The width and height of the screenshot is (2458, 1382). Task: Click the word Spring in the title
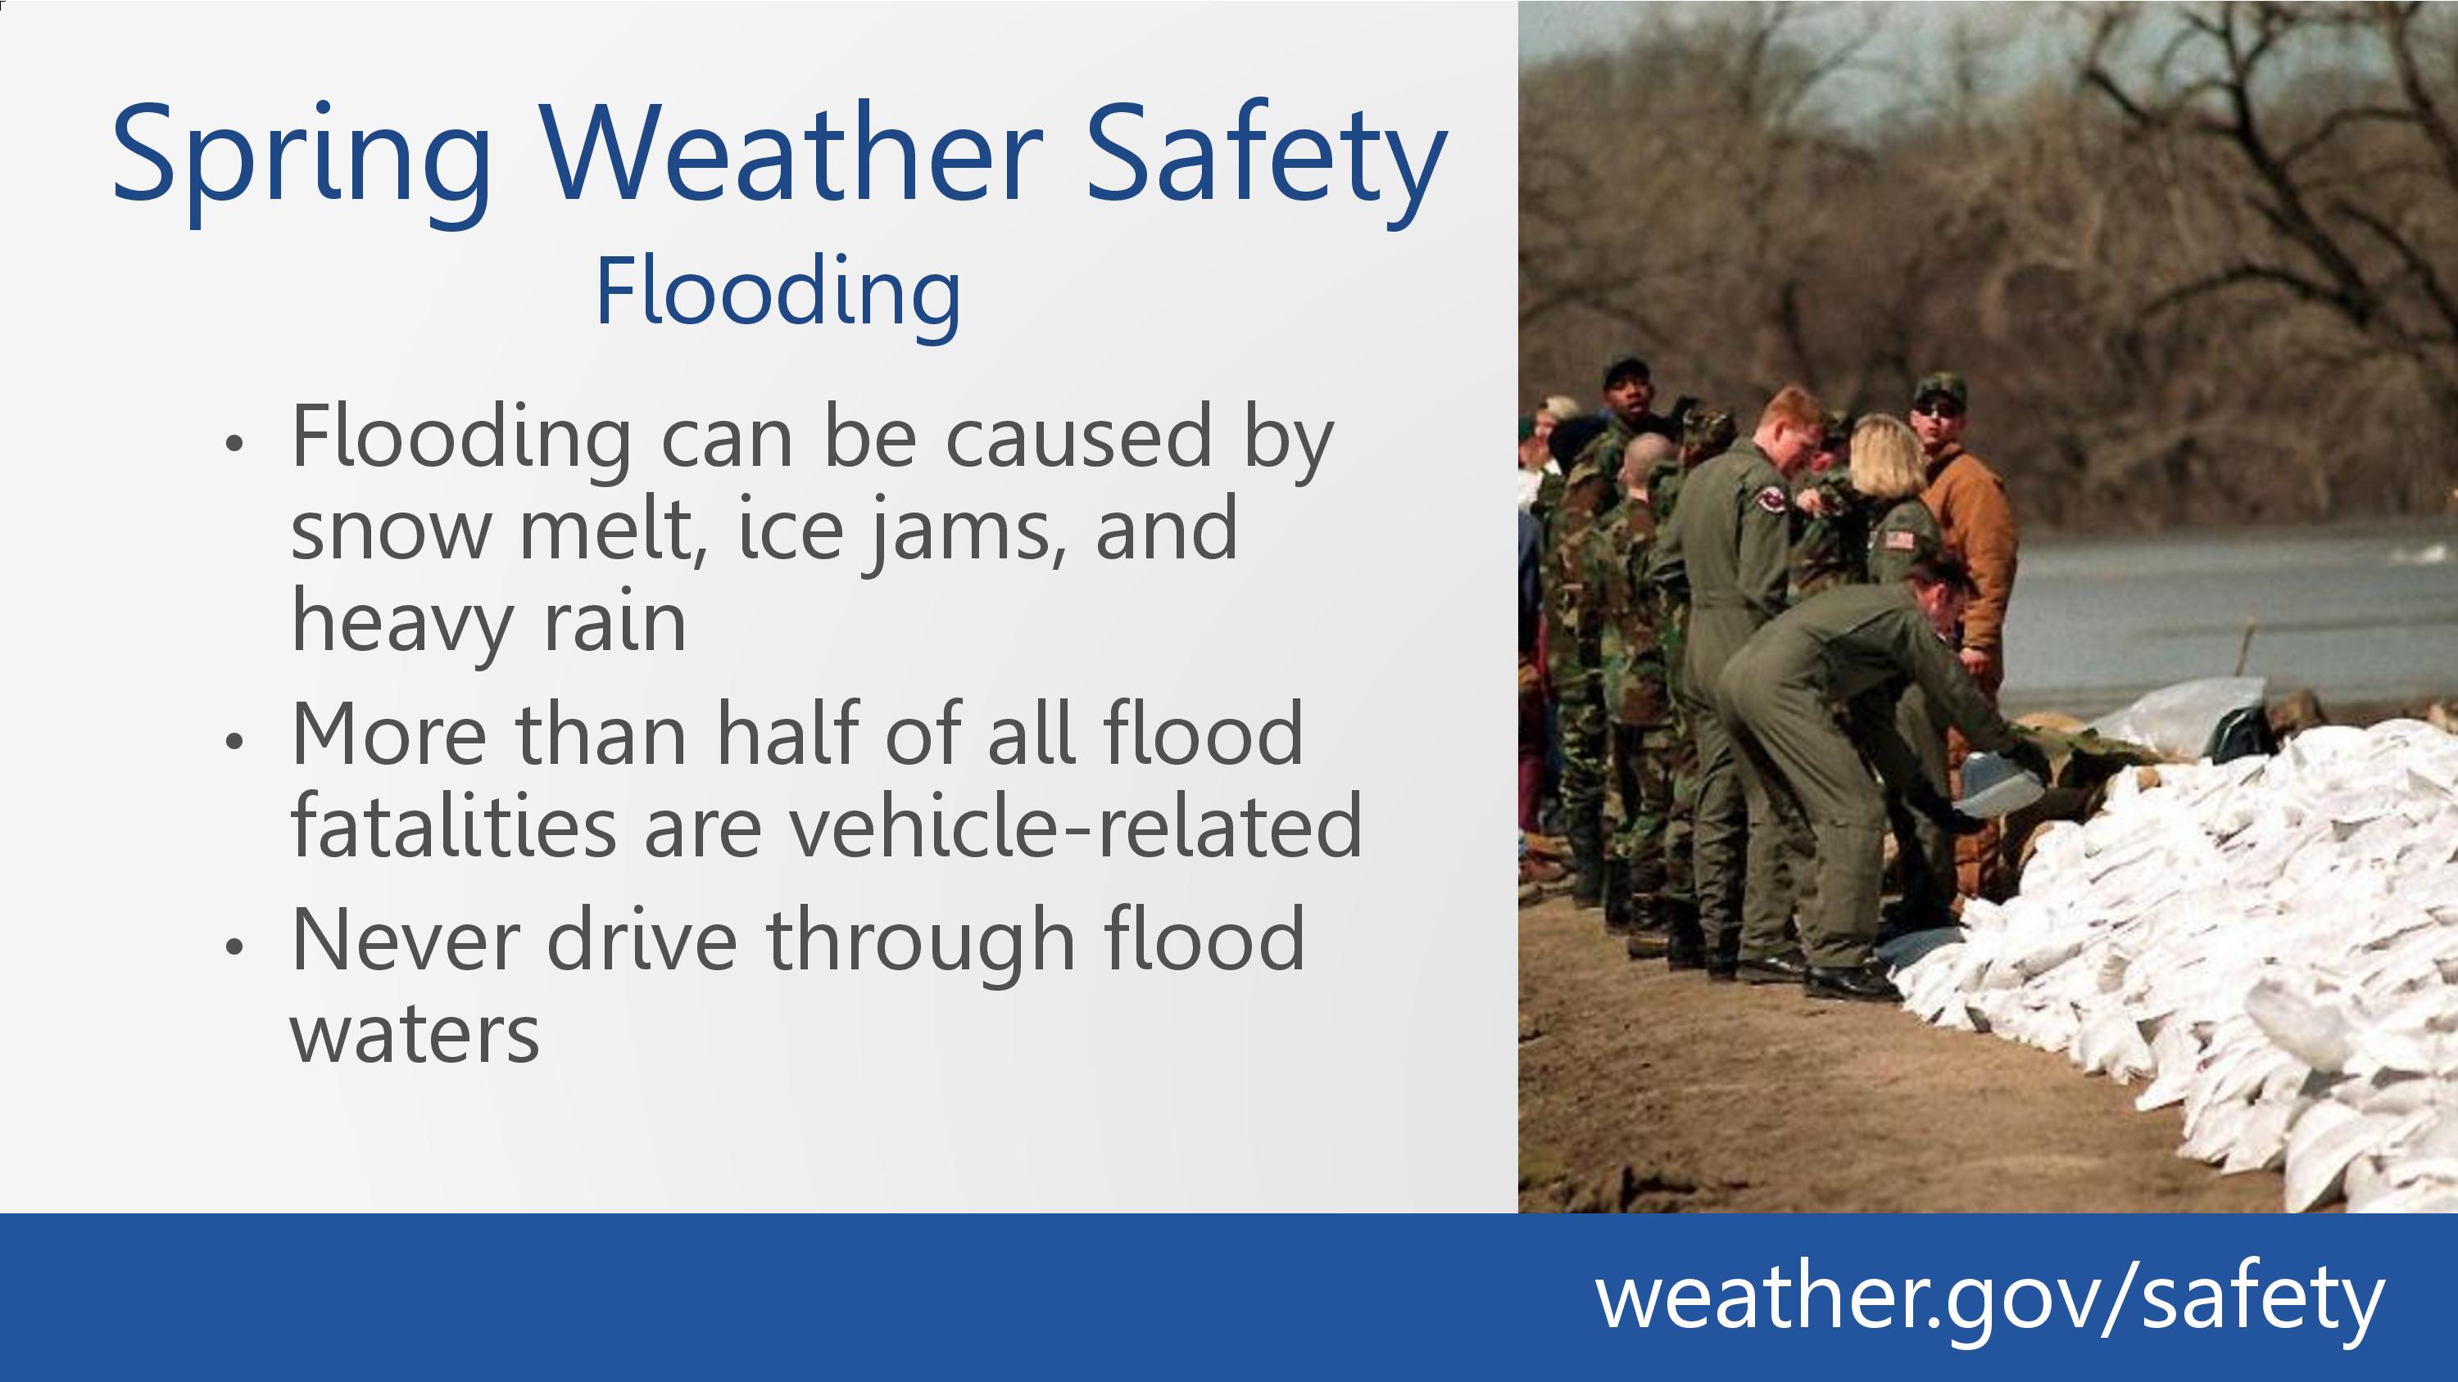[x=302, y=163]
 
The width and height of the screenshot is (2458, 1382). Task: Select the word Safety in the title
[x=1266, y=163]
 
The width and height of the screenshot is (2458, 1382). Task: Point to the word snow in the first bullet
[x=389, y=531]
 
